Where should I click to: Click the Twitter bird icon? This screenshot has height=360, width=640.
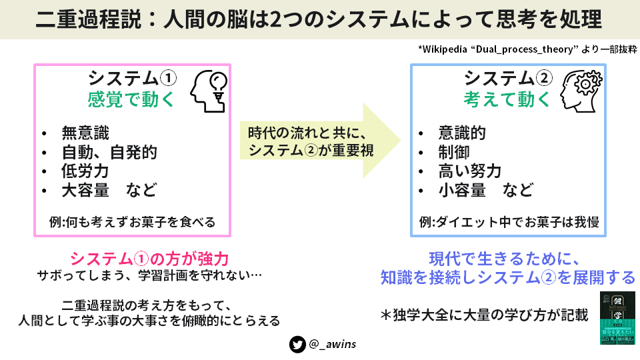tap(297, 345)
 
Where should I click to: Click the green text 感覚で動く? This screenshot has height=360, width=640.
tap(131, 100)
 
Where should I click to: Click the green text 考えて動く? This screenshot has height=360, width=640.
tap(507, 100)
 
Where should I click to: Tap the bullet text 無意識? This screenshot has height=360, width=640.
tap(85, 133)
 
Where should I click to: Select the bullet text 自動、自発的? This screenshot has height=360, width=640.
tap(109, 152)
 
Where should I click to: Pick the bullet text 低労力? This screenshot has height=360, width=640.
tap(85, 171)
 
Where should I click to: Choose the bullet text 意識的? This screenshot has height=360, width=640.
tap(462, 133)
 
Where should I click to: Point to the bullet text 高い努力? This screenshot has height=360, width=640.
tap(469, 171)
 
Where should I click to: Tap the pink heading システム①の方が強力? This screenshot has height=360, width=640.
tap(149, 259)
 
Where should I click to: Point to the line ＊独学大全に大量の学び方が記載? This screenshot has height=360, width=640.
tap(485, 314)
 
